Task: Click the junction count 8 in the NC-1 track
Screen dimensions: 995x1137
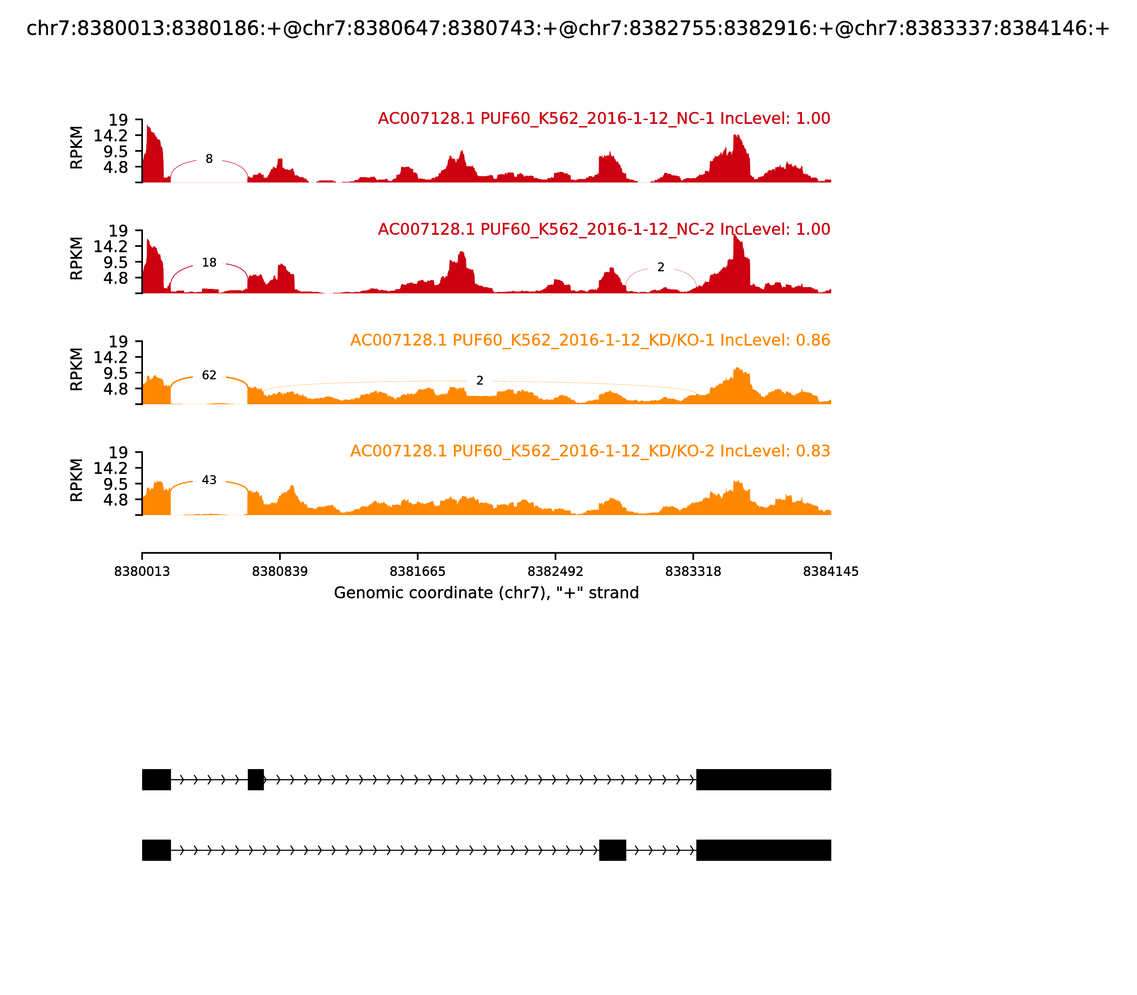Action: point(209,159)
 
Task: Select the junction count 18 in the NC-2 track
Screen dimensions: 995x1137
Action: point(209,263)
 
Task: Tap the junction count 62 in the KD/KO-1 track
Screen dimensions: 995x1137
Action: point(209,375)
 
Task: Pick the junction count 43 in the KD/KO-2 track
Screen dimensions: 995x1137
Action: point(209,480)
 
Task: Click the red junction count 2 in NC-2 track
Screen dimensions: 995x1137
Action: point(661,268)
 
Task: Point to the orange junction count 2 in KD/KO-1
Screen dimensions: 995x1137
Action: point(480,381)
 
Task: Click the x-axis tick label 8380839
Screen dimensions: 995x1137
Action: point(280,571)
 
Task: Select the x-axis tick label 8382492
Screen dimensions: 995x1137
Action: point(555,571)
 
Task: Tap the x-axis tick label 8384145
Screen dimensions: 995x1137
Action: point(831,571)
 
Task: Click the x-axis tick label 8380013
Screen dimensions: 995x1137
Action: point(142,571)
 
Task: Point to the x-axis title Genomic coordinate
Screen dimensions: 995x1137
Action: point(486,593)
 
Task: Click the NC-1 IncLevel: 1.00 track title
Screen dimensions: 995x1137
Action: point(604,118)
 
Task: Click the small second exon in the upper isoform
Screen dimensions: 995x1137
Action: point(255,780)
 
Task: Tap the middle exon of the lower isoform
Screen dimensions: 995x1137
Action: point(612,850)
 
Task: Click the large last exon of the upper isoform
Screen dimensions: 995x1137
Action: point(763,780)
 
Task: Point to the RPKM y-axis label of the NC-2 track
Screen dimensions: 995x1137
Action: point(77,258)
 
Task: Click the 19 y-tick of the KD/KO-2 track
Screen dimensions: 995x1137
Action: point(118,452)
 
